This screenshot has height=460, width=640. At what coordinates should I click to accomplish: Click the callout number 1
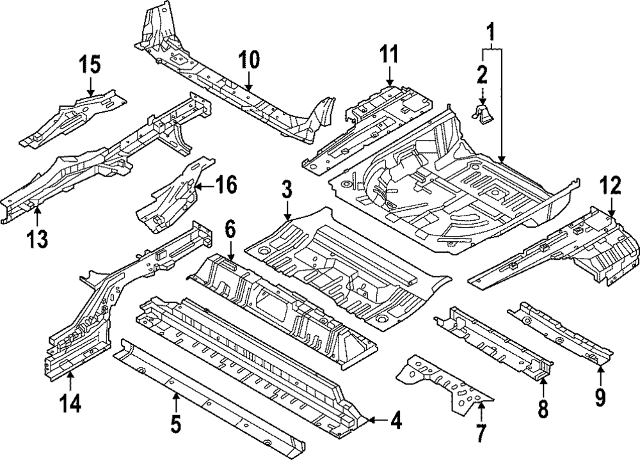[492, 31]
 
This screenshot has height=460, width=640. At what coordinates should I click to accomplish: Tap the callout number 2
[481, 75]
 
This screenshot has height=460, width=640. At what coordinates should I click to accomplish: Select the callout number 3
[287, 191]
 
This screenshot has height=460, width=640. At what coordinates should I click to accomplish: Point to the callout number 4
[396, 421]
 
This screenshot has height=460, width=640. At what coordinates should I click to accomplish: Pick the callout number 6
[230, 228]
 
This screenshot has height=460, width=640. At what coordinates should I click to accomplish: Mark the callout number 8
[543, 408]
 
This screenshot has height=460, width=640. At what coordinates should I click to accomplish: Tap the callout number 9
[600, 398]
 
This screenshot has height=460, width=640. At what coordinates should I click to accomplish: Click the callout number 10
[249, 61]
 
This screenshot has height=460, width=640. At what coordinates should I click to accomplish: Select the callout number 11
[389, 55]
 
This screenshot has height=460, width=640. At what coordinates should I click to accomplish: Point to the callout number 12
[610, 186]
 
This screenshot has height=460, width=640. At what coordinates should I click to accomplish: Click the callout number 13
[38, 239]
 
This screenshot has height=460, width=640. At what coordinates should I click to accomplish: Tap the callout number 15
[90, 65]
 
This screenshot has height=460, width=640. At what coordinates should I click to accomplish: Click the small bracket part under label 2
[483, 115]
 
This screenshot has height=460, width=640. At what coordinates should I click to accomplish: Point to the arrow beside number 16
[204, 186]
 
